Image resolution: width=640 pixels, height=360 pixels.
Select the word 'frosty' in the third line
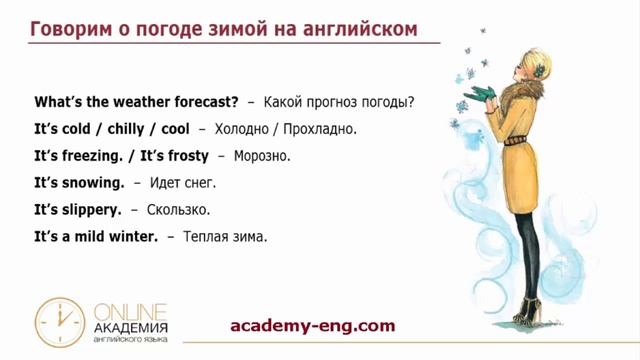[x=187, y=156]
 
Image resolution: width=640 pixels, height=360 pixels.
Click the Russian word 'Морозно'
[x=261, y=157]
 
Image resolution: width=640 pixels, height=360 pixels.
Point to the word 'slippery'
[x=89, y=210]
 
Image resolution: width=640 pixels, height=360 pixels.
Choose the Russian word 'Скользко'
[x=178, y=211]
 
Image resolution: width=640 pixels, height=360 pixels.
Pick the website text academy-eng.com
[x=312, y=325]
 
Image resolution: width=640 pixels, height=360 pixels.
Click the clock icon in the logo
[x=59, y=321]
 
